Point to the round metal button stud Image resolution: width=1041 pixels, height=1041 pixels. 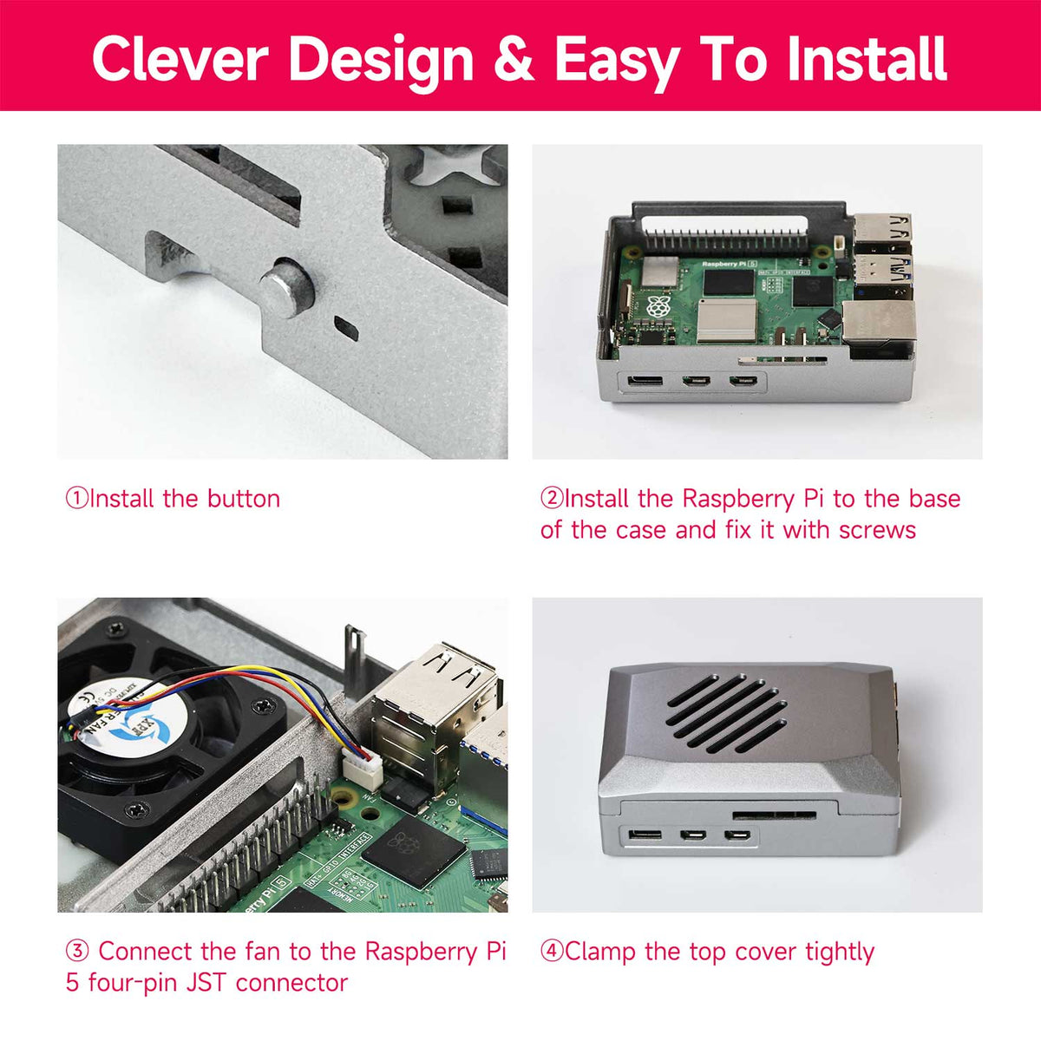tap(287, 287)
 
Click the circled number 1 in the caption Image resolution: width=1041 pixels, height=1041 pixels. tap(76, 498)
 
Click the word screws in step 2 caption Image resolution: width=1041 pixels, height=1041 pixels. tap(877, 530)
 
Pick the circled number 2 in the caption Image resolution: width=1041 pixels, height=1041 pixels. tap(551, 498)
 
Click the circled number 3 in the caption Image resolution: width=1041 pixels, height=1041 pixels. tap(76, 952)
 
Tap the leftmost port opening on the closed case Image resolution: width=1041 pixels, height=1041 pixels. tap(645, 835)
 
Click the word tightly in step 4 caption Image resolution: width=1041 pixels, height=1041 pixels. tap(840, 952)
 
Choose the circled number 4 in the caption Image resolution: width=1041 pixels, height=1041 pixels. tap(551, 952)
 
